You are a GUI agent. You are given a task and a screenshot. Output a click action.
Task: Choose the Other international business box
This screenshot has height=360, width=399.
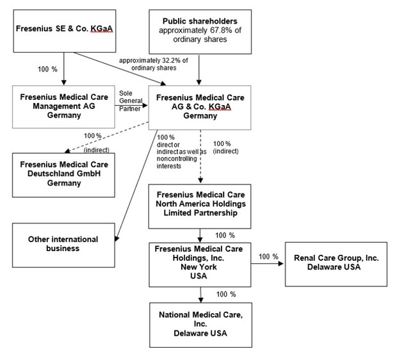coord(63,243)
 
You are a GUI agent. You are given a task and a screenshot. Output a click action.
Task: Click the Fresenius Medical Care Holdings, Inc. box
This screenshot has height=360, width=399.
coord(200,263)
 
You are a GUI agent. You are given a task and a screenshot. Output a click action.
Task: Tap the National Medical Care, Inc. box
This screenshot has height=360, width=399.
coord(200,323)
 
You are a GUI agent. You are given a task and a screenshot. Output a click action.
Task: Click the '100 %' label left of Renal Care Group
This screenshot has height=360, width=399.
coord(268,257)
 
